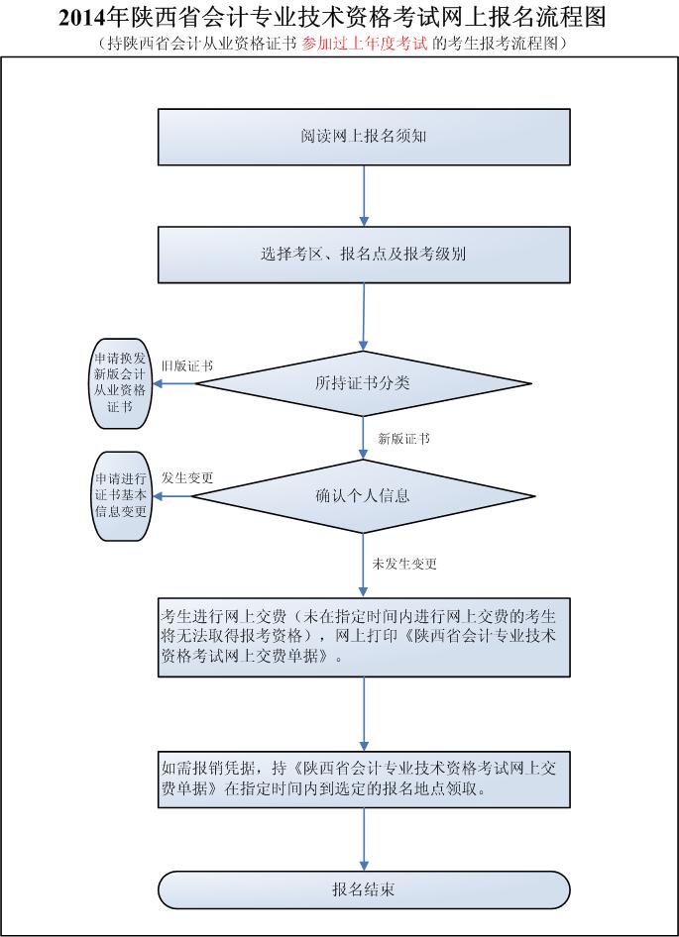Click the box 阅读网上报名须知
pos(364,137)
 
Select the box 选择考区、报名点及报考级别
pos(364,254)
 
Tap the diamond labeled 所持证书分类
pos(363,383)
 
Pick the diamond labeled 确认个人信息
pos(363,495)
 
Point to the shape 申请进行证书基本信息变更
pos(120,495)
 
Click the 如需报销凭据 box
pos(364,779)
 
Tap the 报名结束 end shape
pos(364,888)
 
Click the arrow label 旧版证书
pos(186,365)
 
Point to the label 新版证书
pos(403,438)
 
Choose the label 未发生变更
pos(404,564)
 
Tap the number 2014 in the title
pos(81,18)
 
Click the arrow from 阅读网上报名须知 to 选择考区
pos(365,195)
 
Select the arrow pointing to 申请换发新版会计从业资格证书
pos(170,383)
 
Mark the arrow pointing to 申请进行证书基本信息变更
pos(170,495)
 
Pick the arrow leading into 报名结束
pos(365,839)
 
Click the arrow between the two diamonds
pos(365,437)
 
